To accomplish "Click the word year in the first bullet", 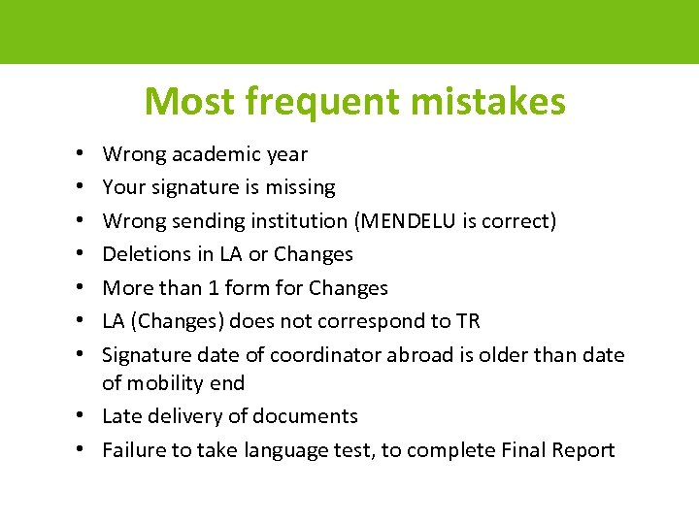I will (x=286, y=154).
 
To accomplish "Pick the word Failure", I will (x=131, y=450).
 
